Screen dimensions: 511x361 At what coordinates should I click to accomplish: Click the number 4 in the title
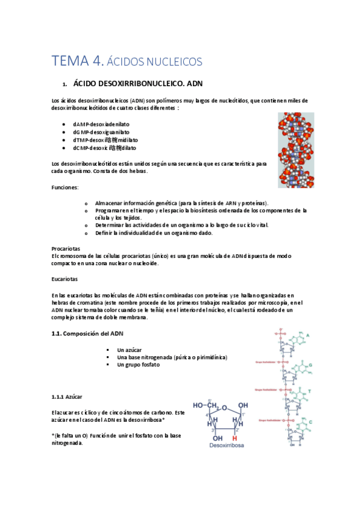pyautogui.click(x=97, y=61)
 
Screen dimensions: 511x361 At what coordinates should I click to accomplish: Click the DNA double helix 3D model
pyautogui.click(x=295, y=151)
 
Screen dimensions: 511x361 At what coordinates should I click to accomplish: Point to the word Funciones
pyautogui.click(x=64, y=187)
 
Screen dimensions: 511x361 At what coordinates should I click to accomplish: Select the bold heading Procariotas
pyautogui.click(x=66, y=248)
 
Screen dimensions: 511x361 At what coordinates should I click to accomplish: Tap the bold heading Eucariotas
pyautogui.click(x=64, y=279)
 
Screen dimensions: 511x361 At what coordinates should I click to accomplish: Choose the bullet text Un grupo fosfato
pyautogui.click(x=139, y=365)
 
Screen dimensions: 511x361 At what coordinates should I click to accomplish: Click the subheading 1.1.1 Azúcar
pyautogui.click(x=67, y=396)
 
